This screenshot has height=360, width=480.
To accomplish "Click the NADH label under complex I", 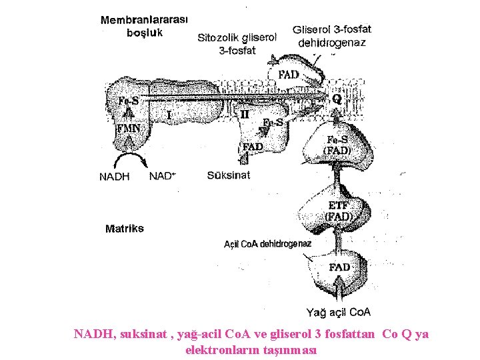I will click(x=114, y=177).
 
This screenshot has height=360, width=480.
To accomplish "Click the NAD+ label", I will click(x=163, y=177).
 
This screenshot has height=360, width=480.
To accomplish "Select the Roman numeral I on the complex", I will click(x=169, y=115).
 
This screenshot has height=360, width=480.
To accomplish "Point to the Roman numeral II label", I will click(x=245, y=115).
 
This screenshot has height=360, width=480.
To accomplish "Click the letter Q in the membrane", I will click(x=337, y=99).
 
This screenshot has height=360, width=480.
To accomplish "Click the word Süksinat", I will click(x=229, y=175).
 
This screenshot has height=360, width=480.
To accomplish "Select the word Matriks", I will click(x=124, y=229).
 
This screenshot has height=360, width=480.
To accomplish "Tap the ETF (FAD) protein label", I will click(x=338, y=211).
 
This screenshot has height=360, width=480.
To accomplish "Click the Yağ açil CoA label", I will click(x=339, y=312).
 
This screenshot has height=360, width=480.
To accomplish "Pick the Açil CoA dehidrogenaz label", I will click(x=267, y=244).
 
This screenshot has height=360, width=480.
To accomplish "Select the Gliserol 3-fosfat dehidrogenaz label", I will click(x=332, y=36).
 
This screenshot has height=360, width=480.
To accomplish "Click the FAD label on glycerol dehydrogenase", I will click(x=288, y=75).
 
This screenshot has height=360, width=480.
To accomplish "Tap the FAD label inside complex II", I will click(x=253, y=146).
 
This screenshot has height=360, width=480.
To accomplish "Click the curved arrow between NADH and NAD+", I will click(x=130, y=160).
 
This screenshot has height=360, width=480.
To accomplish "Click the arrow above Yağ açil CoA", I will click(x=339, y=290).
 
